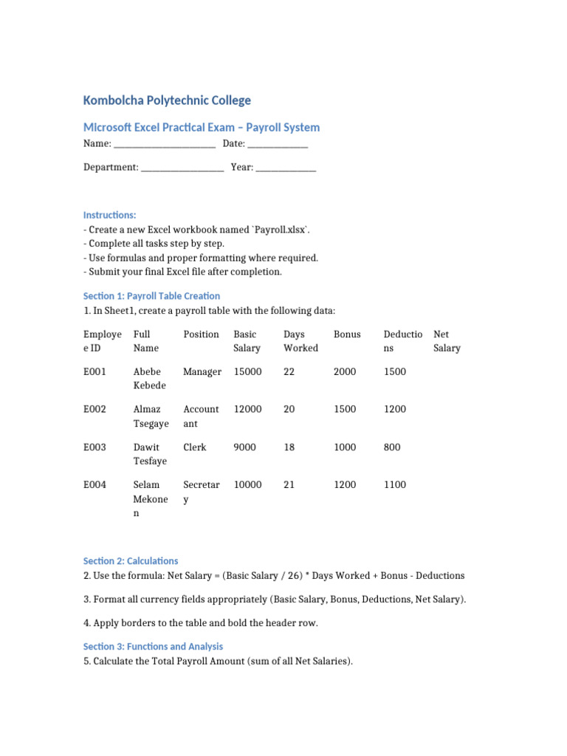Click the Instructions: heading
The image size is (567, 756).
point(109,215)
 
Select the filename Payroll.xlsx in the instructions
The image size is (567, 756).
point(281,230)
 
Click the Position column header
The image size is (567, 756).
point(201,334)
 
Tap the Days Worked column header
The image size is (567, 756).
point(300,341)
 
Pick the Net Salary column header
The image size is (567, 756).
point(447,341)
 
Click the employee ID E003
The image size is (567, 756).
point(94,447)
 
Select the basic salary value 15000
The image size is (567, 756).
point(247,372)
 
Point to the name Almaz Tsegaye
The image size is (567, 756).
point(151,416)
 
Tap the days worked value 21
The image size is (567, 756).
point(289,485)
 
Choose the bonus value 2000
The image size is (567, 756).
point(345,372)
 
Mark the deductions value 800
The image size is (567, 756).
point(392,447)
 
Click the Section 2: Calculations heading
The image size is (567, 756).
point(131,561)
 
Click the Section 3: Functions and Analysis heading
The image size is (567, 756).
point(153,647)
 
